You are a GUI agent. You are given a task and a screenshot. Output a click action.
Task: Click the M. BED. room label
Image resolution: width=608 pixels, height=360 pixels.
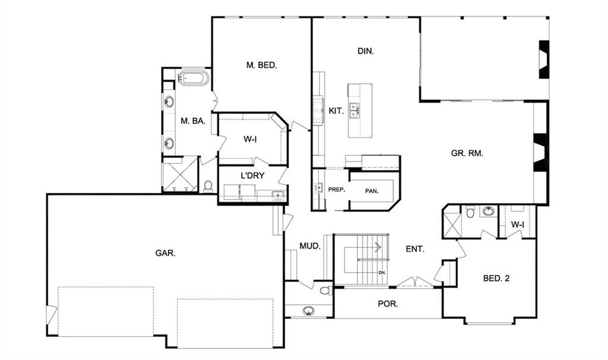point(262,65)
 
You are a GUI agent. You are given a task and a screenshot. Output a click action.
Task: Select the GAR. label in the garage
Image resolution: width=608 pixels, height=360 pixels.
point(166,253)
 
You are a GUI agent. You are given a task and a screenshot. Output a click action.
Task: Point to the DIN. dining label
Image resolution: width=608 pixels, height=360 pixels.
point(366,51)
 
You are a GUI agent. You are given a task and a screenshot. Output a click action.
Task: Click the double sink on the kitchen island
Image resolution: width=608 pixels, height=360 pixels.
point(354,110)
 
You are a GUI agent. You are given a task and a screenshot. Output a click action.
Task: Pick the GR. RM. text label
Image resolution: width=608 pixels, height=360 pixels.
point(467,153)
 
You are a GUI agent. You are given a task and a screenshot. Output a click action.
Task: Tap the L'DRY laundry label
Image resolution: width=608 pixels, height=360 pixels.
point(252,175)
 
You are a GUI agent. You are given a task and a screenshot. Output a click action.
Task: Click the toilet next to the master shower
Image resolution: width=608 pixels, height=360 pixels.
point(208,186)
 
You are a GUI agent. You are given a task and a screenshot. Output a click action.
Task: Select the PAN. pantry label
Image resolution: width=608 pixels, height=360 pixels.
point(372,191)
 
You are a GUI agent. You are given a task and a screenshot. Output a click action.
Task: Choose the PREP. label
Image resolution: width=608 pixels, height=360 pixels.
point(337,190)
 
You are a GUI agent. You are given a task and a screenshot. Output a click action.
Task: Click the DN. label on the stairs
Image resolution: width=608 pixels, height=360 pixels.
point(382,272)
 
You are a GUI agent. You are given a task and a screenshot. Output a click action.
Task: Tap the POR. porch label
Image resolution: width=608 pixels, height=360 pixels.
point(388,304)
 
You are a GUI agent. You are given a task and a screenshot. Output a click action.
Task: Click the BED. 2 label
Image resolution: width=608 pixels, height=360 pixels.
point(496,278)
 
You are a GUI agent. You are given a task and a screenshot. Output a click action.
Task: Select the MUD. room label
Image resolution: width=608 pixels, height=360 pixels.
point(310,246)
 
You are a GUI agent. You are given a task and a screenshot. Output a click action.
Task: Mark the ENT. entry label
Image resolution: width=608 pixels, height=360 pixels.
point(415,249)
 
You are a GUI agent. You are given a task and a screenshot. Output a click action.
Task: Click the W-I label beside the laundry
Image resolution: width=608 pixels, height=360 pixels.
point(250,139)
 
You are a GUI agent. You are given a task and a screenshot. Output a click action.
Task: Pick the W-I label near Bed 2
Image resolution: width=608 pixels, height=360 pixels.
point(517,225)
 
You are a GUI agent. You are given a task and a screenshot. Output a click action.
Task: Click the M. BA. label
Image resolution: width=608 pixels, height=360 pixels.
point(193,121)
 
